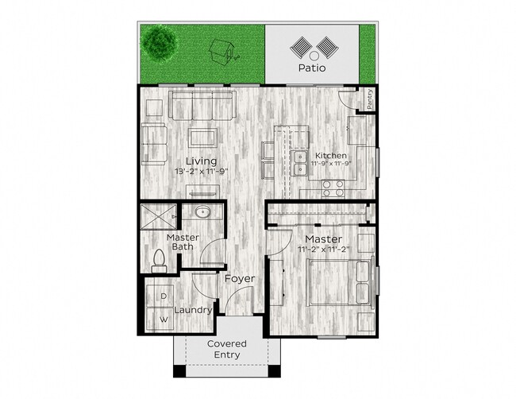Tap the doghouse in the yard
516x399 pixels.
pos(221,53)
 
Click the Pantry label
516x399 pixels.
pos(370,99)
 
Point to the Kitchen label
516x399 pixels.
pos(329,155)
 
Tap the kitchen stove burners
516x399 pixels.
pos(333,188)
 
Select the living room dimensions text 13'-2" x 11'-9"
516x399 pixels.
pos(202,172)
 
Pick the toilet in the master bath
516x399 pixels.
pos(158,259)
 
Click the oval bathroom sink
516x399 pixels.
pos(201,213)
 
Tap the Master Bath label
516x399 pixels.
pos(183,242)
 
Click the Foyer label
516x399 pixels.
pos(239,279)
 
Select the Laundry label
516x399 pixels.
pos(191,310)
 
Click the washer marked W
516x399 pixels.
pos(164,320)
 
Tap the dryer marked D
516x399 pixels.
pos(164,296)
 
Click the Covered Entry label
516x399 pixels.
pos(227,349)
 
